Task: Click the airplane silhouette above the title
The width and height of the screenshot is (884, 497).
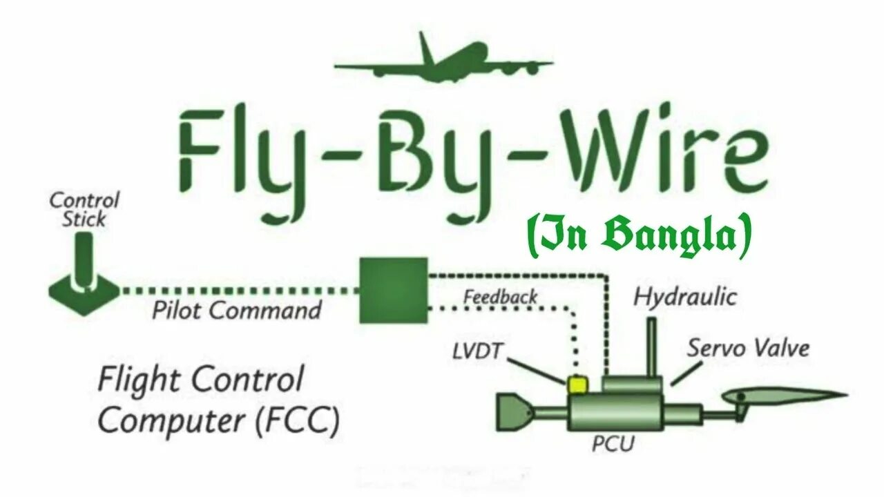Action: coord(442,63)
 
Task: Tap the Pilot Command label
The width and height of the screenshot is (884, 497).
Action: coord(237,311)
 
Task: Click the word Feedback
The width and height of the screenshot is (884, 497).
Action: coord(501,297)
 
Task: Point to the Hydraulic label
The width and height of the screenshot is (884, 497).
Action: coord(686,298)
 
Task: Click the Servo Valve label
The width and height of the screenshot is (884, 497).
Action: coord(747,348)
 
